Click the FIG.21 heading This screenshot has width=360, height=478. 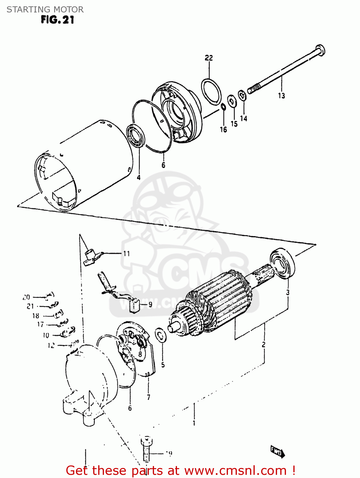[x=57, y=20]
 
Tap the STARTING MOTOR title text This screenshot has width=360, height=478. [x=45, y=10]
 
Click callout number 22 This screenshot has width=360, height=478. [x=209, y=58]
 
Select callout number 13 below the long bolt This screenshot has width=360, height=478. [x=281, y=95]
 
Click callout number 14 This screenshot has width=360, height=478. [x=244, y=119]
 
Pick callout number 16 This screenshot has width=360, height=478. [x=223, y=129]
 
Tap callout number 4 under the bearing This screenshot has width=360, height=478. [x=138, y=177]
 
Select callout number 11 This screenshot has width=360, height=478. [x=127, y=254]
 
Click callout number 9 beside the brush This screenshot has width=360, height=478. [x=150, y=305]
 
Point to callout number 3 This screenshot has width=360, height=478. [x=288, y=292]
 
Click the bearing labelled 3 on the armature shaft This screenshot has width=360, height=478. [x=282, y=263]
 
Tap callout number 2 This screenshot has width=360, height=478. [x=263, y=344]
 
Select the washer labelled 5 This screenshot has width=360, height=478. [x=160, y=336]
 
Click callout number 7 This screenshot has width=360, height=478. [x=149, y=397]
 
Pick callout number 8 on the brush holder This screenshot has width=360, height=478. [x=140, y=354]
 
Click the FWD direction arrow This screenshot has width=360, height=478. [x=277, y=451]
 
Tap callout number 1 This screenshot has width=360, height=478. [x=194, y=423]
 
